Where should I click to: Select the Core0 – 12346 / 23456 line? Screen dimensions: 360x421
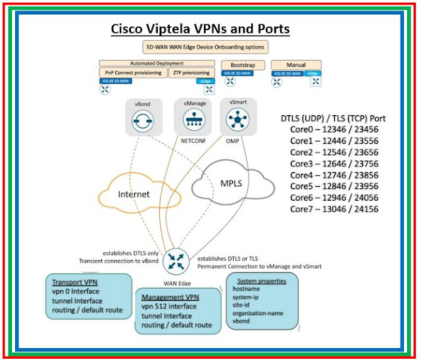pyautogui.click(x=334, y=130)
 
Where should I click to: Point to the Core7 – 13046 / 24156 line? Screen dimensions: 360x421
pyautogui.click(x=334, y=209)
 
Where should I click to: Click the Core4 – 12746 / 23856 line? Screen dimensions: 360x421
pyautogui.click(x=334, y=176)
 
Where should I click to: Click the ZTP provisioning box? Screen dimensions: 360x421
pyautogui.click(x=191, y=72)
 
